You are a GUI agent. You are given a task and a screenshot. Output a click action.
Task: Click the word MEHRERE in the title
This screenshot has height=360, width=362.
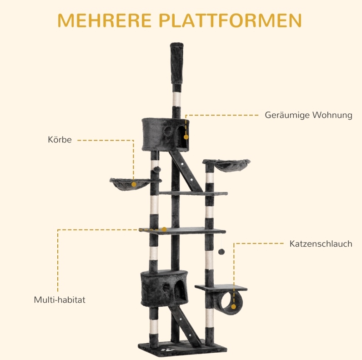tap(104, 20)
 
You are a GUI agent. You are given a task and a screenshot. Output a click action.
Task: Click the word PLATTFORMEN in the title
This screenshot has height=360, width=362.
tap(230, 20)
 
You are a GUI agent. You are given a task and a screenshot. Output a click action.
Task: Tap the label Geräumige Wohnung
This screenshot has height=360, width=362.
tap(308, 115)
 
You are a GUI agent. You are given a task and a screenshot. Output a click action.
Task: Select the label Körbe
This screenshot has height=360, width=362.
tap(60, 140)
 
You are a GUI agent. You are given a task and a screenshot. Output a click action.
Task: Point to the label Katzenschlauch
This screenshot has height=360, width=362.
tap(321, 244)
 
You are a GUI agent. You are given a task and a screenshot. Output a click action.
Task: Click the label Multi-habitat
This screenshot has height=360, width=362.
tap(60, 299)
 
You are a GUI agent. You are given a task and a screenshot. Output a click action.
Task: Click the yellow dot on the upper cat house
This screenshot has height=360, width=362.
tap(186, 137)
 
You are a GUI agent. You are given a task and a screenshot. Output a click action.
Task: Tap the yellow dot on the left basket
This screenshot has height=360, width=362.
tap(134, 184)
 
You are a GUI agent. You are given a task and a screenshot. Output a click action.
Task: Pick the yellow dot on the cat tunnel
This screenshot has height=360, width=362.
tap(234, 307)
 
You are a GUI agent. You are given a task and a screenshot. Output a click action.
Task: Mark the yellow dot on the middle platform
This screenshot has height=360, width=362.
tap(164, 229)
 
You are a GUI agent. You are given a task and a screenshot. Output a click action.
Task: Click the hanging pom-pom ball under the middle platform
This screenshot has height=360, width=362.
tap(221, 252)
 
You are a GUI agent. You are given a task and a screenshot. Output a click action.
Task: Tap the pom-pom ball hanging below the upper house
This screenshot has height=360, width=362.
tap(157, 169)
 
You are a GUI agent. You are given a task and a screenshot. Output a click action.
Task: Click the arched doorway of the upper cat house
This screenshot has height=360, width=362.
tap(182, 137)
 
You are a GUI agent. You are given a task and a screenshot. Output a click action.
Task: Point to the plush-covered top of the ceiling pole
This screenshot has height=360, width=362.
tap(177, 63)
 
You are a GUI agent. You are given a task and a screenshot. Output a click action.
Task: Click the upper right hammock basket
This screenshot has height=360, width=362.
tap(226, 165)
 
